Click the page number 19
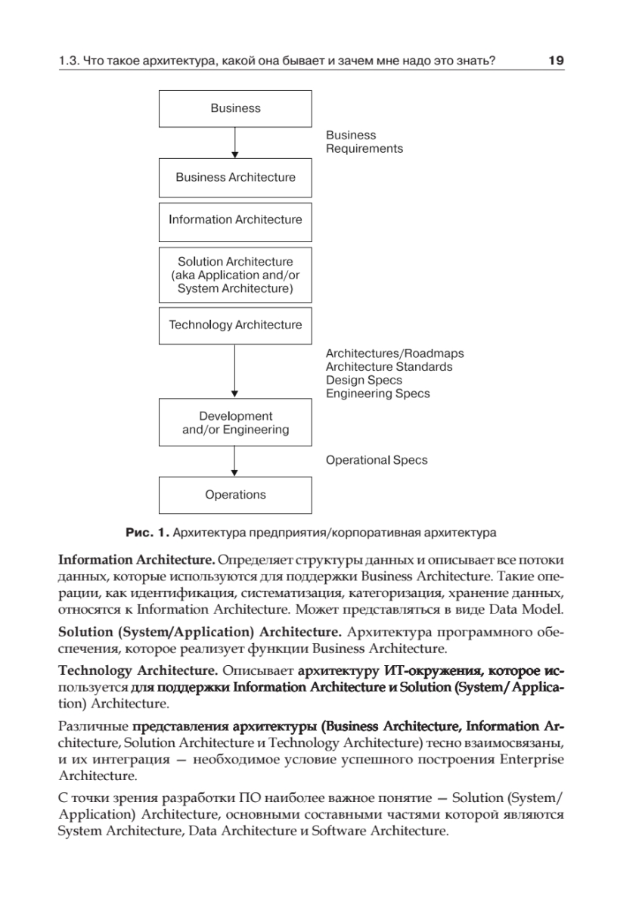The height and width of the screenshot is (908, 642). pos(556,61)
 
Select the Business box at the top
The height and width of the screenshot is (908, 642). pos(235,109)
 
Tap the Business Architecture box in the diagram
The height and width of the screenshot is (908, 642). pos(235,177)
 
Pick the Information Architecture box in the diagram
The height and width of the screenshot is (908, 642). pos(235,220)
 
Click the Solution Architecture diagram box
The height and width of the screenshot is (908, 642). pos(235,275)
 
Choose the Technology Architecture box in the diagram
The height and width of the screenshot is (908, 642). pos(235,325)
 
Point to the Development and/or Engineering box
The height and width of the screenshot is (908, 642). pos(235,423)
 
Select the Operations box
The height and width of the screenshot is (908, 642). pos(235,495)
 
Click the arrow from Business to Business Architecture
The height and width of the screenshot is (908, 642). pos(235,142)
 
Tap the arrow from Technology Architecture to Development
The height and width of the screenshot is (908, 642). pos(235,371)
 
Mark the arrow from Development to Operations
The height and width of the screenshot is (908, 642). pos(235,461)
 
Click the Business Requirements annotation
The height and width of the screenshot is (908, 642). pos(364,141)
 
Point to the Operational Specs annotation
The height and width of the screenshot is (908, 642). pos(376,460)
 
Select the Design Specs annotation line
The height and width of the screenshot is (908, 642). pos(364,380)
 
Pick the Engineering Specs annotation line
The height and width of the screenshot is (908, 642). pos(377,393)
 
